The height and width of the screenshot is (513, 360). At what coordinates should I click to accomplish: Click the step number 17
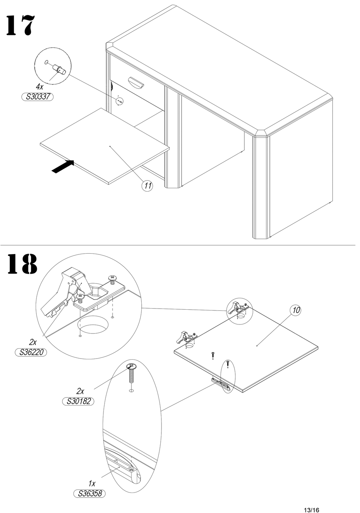point(20,26)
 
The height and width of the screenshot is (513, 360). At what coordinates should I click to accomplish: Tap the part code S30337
point(37,97)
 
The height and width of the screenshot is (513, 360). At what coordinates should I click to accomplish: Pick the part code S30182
point(78,401)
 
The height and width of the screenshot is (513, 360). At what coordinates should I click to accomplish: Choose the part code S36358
point(89,494)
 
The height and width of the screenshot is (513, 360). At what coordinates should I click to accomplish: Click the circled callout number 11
point(147,186)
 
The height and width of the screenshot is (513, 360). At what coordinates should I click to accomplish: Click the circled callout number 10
point(296,310)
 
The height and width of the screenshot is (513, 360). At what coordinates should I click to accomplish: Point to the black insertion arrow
point(63,166)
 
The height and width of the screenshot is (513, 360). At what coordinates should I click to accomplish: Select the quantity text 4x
point(39,87)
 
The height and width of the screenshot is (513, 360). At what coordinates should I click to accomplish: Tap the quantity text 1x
point(92,483)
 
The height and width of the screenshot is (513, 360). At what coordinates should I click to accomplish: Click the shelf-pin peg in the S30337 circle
point(59,69)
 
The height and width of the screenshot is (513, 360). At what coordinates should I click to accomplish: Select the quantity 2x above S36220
point(33,343)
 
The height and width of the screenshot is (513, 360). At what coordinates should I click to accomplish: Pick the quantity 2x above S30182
point(80,391)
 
